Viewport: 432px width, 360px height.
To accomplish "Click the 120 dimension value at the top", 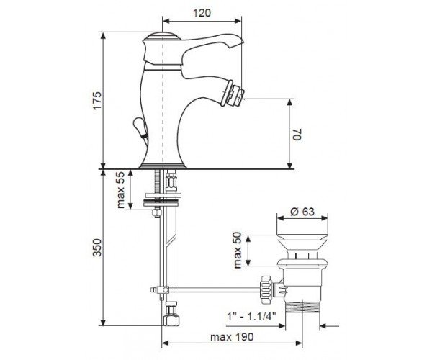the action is pyautogui.click(x=202, y=13).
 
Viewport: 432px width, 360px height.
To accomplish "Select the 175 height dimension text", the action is pyautogui.click(x=97, y=101).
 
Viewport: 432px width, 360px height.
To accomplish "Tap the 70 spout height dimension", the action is pyautogui.click(x=297, y=134).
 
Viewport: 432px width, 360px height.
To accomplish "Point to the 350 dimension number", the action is pyautogui.click(x=97, y=248).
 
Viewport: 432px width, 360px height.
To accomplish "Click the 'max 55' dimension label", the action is pyautogui.click(x=121, y=190).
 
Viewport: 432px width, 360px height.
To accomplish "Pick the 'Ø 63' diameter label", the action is pyautogui.click(x=302, y=212).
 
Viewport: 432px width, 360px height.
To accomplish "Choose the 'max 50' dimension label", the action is pyautogui.click(x=237, y=250).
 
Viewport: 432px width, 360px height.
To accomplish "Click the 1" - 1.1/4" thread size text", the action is pyautogui.click(x=251, y=316).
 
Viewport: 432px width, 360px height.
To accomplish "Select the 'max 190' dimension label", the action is pyautogui.click(x=232, y=337).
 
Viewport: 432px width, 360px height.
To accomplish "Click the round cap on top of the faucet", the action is pyautogui.click(x=163, y=36).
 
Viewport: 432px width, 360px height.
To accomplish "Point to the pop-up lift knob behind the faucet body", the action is pyautogui.click(x=140, y=126).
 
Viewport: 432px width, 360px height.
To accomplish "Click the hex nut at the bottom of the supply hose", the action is pyautogui.click(x=171, y=320).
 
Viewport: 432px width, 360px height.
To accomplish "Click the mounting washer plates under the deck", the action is pyautogui.click(x=163, y=199).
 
